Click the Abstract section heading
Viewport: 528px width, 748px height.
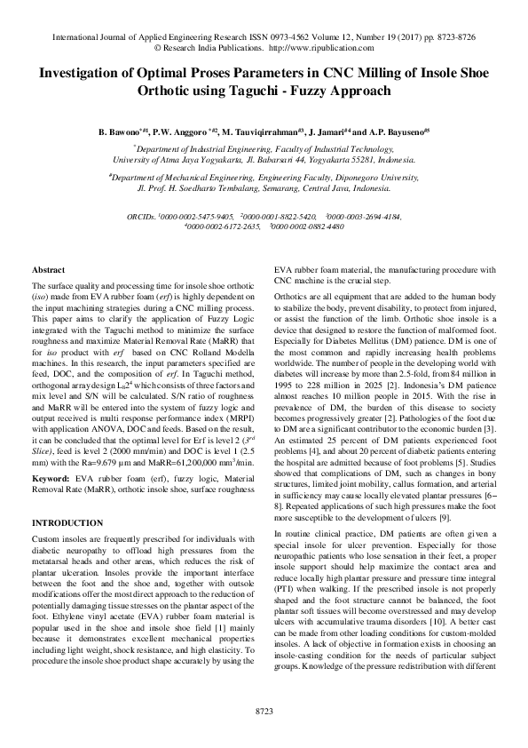pos(48,269)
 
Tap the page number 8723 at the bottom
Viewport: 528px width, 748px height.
pos(264,712)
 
